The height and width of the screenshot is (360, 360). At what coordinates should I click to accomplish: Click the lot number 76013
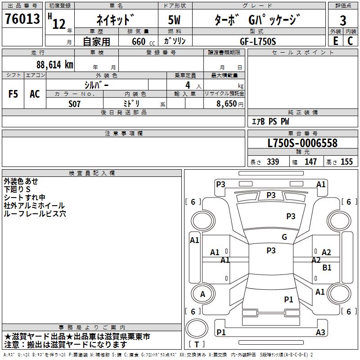(22, 20)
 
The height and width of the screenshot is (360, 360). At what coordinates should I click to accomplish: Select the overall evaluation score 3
(343, 20)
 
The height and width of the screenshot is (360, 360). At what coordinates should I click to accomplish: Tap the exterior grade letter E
(335, 40)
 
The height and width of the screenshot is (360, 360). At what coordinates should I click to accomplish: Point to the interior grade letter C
(350, 40)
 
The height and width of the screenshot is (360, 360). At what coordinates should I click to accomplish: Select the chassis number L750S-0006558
(302, 144)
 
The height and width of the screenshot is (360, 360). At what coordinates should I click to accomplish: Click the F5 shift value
(13, 94)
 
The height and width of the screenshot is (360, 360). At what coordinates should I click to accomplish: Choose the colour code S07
(74, 103)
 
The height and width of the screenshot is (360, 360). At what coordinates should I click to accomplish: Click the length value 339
(273, 162)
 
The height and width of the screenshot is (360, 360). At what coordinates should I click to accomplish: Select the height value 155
(346, 162)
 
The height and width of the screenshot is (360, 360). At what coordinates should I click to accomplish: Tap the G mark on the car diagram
(284, 237)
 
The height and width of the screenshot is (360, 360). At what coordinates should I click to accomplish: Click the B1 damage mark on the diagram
(327, 267)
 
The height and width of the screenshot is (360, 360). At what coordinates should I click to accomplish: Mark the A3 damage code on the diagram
(320, 333)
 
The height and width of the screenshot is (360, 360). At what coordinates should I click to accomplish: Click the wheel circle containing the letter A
(202, 294)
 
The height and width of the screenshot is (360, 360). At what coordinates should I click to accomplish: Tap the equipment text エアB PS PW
(270, 121)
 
